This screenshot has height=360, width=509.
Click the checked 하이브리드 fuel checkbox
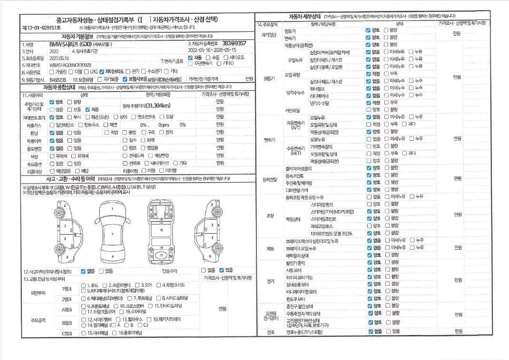coord(101,72)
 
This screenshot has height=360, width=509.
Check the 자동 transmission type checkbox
coord(191,58)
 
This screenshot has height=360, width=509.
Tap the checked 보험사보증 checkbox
coord(125,79)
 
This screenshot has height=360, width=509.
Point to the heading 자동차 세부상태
coord(306,17)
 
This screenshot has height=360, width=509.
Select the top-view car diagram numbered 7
coord(112,234)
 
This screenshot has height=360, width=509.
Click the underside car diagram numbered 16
coord(161,230)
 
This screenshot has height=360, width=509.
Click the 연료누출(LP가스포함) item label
coord(304,331)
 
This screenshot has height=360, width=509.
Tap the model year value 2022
coord(54,51)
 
